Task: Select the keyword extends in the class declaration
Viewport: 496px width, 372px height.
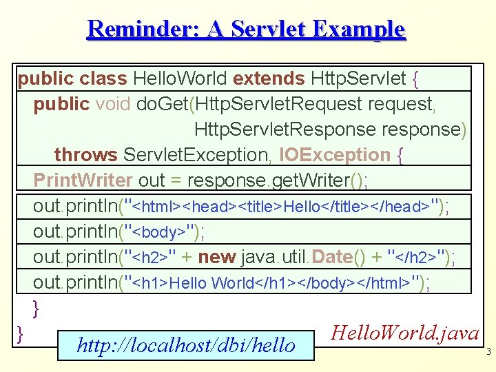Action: [270, 79]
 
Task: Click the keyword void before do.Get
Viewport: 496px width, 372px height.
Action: [114, 104]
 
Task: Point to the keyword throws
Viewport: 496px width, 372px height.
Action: [85, 155]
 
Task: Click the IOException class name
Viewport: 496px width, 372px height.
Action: [335, 155]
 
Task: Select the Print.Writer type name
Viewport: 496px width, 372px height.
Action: [83, 180]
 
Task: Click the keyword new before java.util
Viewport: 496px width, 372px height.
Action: [216, 257]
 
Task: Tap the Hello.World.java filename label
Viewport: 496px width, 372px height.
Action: [405, 333]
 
